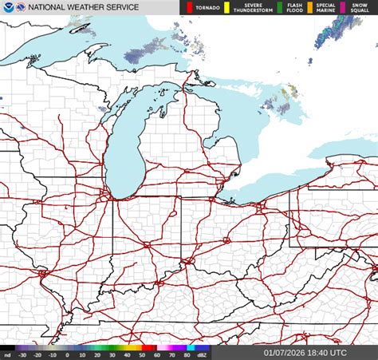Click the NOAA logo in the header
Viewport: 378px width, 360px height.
coord(8,7)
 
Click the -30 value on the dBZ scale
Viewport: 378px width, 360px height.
coord(23,355)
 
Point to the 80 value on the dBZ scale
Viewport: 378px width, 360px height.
coord(187,355)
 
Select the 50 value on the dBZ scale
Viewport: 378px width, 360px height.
coord(142,355)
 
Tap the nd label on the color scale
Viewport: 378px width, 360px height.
coord(7,355)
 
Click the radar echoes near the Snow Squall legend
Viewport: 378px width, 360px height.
coord(335,28)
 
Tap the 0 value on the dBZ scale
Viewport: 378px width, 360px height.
coord(67,355)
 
